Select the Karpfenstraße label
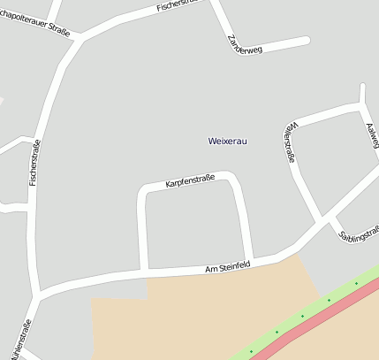click(x=190, y=182)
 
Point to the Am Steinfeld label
click(x=228, y=266)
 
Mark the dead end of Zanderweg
click(x=307, y=40)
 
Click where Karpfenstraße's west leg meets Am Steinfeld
click(x=144, y=270)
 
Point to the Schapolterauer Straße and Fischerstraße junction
click(x=81, y=37)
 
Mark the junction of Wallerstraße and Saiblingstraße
click(x=322, y=220)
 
